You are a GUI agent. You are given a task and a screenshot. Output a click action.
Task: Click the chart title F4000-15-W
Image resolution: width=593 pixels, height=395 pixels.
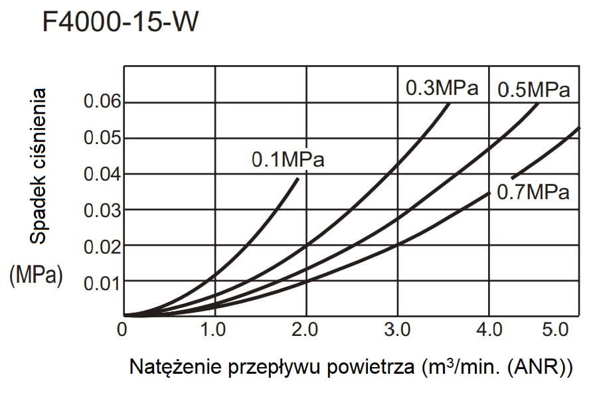click(120, 24)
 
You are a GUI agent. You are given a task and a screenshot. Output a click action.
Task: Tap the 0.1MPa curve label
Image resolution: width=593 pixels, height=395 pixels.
click(288, 160)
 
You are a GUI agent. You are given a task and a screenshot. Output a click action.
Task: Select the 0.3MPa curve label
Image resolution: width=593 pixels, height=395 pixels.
click(442, 88)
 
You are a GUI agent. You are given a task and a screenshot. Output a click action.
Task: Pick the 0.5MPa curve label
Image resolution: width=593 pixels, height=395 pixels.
click(534, 90)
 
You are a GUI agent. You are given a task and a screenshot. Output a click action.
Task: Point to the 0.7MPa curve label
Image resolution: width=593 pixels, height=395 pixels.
click(534, 193)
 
